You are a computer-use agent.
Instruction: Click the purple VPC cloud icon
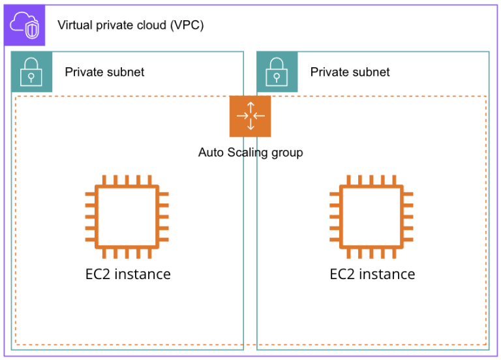click(27, 25)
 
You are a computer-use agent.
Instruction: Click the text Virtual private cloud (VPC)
click(130, 25)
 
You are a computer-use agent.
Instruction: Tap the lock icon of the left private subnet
click(30, 71)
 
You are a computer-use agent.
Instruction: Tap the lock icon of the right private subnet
click(277, 71)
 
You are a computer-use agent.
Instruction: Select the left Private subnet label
click(104, 72)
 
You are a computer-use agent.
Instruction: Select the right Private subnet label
click(350, 72)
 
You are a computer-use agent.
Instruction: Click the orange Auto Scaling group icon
click(250, 116)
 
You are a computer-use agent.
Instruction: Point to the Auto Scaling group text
click(250, 153)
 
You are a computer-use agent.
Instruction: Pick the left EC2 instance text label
click(128, 274)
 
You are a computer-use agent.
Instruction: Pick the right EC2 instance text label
click(372, 274)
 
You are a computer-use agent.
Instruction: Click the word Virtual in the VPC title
click(75, 25)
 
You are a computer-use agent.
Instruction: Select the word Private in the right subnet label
click(329, 72)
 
